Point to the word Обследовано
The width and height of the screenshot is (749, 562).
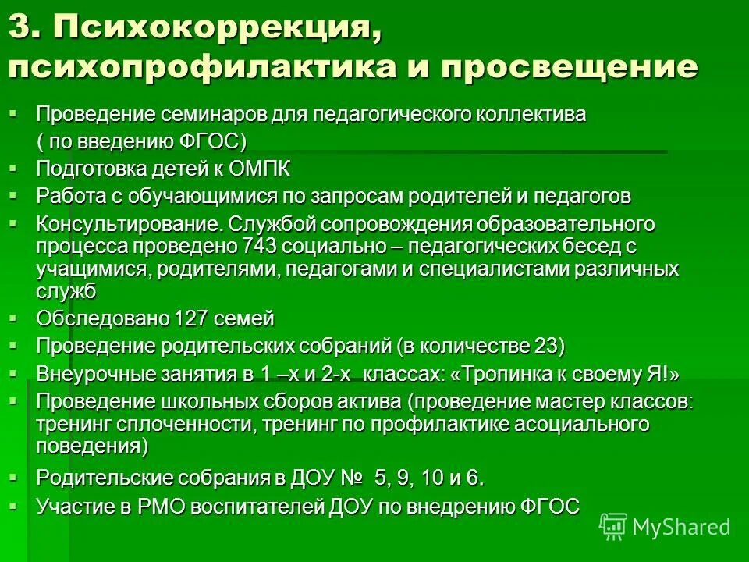click(102, 318)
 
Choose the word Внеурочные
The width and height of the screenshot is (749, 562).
click(91, 374)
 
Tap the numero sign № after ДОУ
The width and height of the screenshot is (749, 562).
click(352, 477)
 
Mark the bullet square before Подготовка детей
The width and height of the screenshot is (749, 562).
click(12, 167)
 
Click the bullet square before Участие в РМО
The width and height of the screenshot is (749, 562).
click(12, 504)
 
